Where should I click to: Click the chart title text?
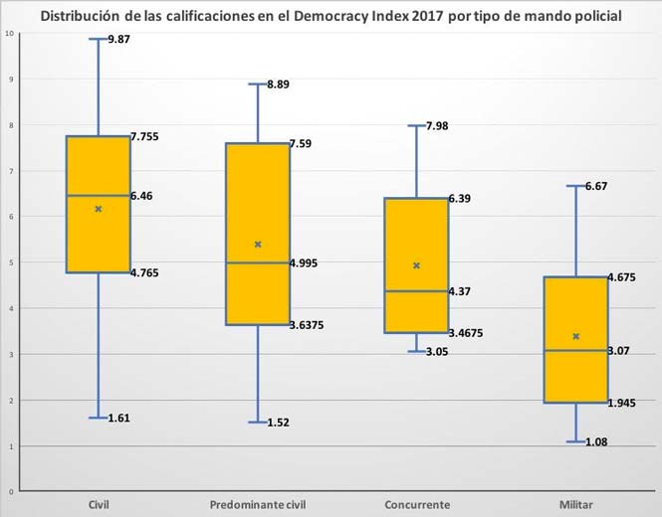pyautogui.click(x=331, y=15)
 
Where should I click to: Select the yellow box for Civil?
pyautogui.click(x=98, y=204)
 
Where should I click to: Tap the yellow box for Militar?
pyautogui.click(x=576, y=339)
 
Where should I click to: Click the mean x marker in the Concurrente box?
pyautogui.click(x=417, y=265)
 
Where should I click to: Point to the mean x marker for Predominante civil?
pyautogui.click(x=258, y=244)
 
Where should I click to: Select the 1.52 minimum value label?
pyautogui.click(x=280, y=423)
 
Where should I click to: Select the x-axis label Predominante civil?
pyautogui.click(x=258, y=505)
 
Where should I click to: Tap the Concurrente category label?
pyautogui.click(x=417, y=505)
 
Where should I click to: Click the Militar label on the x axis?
pyautogui.click(x=576, y=505)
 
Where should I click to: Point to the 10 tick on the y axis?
pyautogui.click(x=9, y=34)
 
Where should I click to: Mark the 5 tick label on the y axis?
pyautogui.click(x=10, y=262)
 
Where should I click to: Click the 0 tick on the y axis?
pyautogui.click(x=10, y=491)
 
